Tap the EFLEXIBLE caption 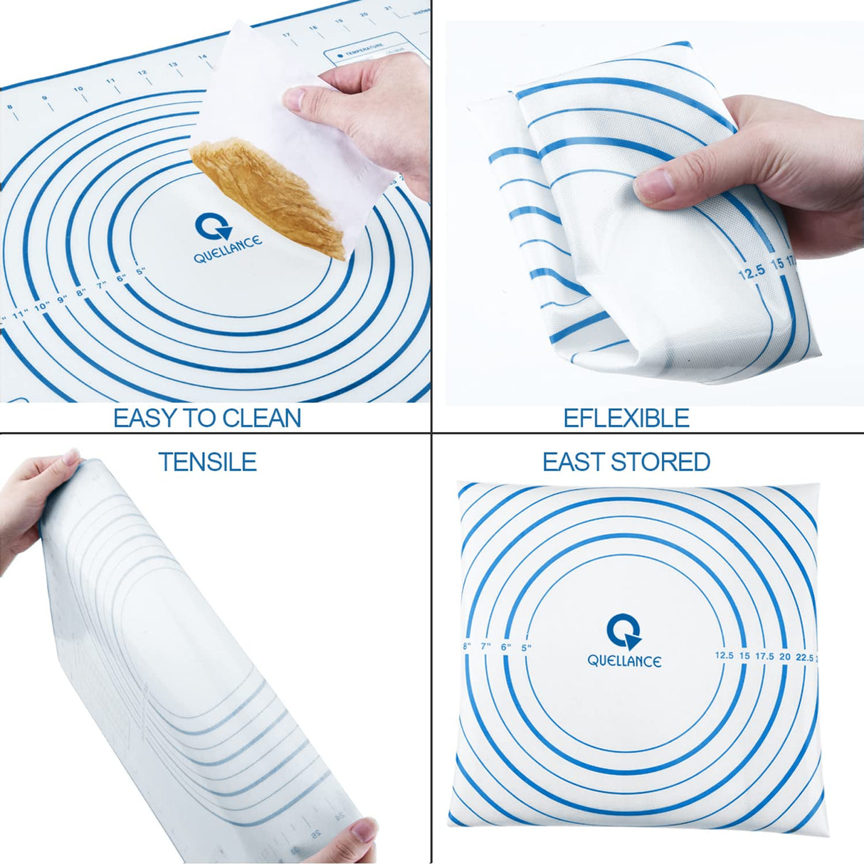click(626, 418)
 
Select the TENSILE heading click(207, 462)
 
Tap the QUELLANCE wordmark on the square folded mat click(624, 661)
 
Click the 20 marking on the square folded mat click(784, 656)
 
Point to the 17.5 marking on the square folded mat click(764, 656)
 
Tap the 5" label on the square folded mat click(527, 648)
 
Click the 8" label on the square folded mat click(467, 646)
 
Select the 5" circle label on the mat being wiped click(140, 271)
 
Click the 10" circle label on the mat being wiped click(42, 307)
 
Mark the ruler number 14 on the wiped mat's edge click(202, 56)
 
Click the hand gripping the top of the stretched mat click(32, 498)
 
